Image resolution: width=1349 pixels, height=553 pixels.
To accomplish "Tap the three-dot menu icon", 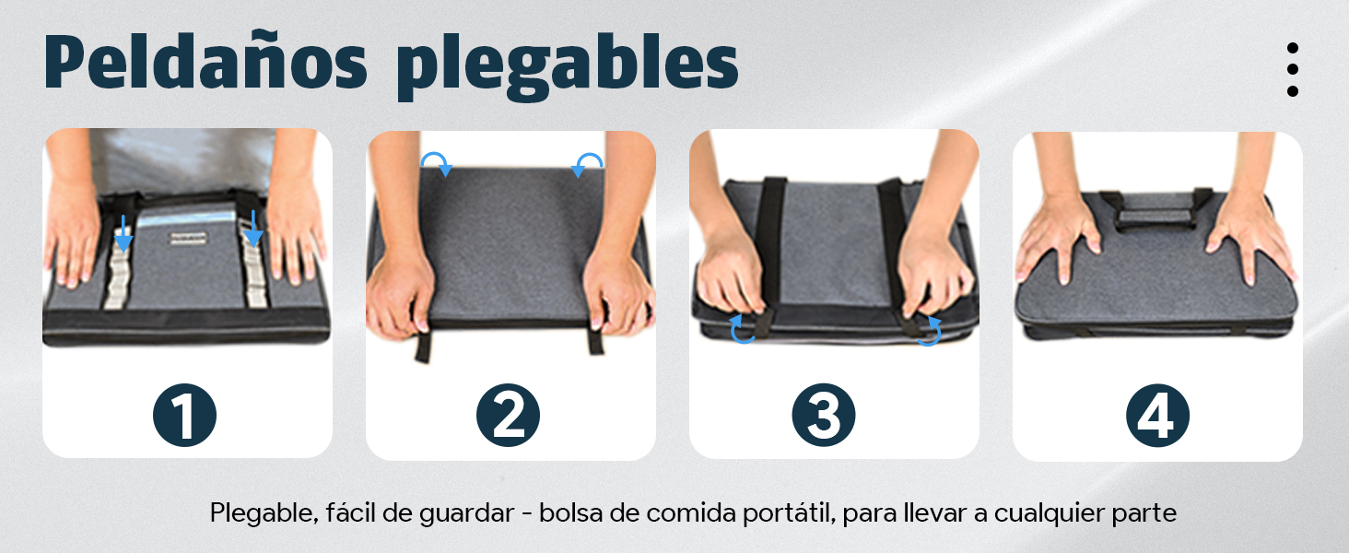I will pos(1293,69).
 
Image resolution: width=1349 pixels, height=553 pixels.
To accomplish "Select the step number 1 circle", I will pos(184,416).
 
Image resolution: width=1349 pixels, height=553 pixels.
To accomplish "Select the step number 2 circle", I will pos(508,416).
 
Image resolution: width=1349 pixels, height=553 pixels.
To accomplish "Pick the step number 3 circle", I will pos(824,416).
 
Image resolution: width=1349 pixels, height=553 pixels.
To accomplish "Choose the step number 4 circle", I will pos(1157,416).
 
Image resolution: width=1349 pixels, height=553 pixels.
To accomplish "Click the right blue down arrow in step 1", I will pos(253,229).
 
